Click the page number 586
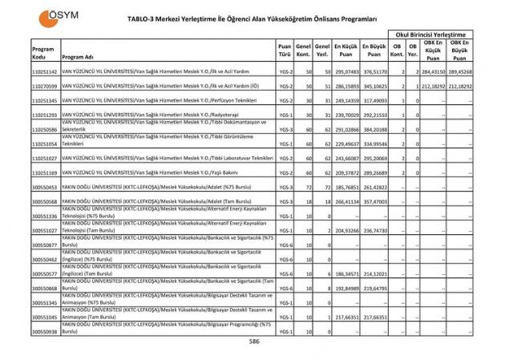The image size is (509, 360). [254, 342]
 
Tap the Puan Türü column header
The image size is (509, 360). [285, 50]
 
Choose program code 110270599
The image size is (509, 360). [45, 84]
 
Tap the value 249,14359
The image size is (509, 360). [346, 100]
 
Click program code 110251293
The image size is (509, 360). [45, 115]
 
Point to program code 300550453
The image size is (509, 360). [45, 187]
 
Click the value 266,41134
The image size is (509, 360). [346, 201]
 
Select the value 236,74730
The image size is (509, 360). [374, 230]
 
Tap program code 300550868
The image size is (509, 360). [45, 288]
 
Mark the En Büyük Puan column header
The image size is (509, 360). [374, 50]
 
